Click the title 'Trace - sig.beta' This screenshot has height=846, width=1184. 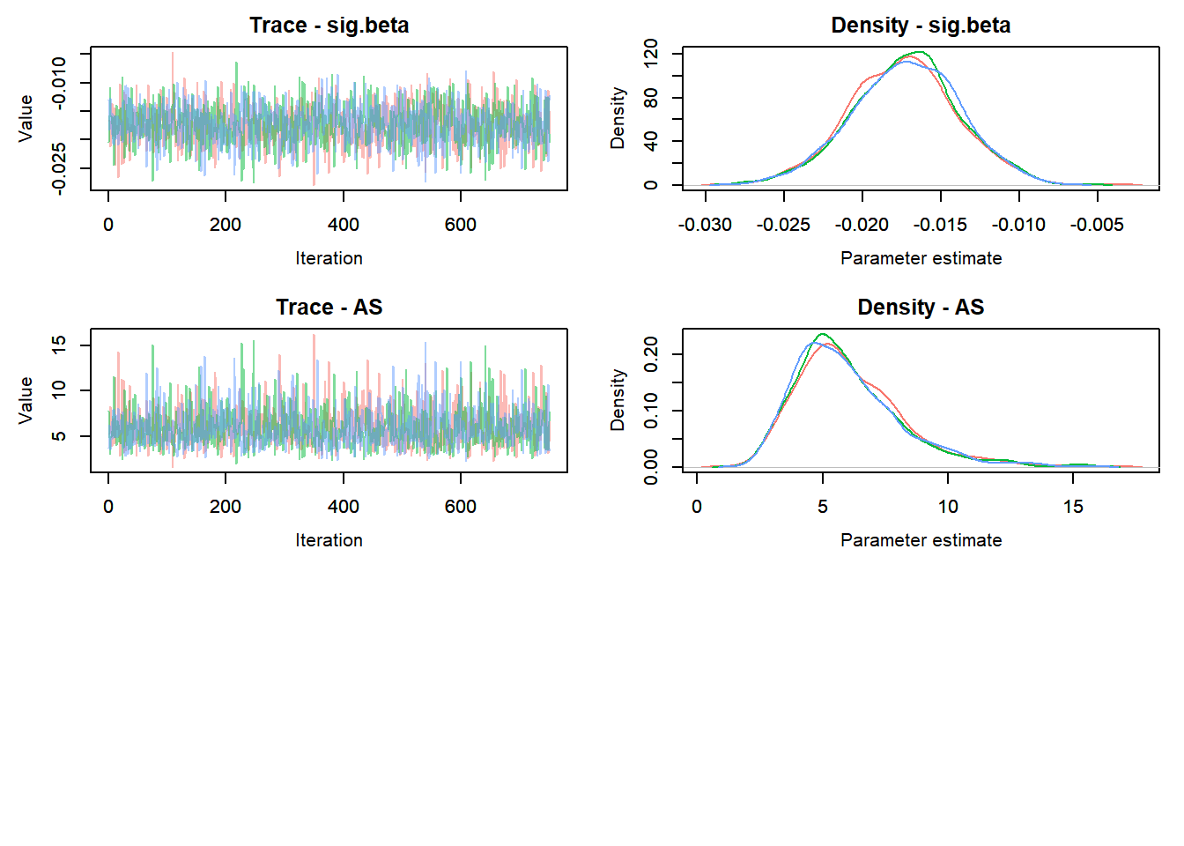329,26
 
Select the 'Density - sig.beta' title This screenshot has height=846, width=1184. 921,26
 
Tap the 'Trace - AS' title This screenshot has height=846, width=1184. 329,308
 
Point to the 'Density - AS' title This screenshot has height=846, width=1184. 921,308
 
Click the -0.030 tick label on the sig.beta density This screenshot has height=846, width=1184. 705,225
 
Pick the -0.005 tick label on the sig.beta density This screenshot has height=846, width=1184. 1097,225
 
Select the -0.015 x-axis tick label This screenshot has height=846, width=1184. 940,225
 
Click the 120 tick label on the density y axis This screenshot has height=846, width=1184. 651,53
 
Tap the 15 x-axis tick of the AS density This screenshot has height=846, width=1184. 1073,507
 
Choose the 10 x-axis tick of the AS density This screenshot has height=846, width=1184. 948,507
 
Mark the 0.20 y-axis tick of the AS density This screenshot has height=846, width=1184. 651,354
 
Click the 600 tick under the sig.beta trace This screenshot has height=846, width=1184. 461,225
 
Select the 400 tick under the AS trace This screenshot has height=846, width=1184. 344,507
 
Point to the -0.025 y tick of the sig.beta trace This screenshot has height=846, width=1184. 59,167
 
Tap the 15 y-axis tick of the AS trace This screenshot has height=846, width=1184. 59,345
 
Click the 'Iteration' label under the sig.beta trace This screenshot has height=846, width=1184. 329,258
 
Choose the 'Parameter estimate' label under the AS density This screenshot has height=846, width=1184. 921,540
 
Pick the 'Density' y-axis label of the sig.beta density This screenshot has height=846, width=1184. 618,118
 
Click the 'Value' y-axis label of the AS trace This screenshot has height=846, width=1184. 26,400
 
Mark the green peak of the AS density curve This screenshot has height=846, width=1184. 823,335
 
